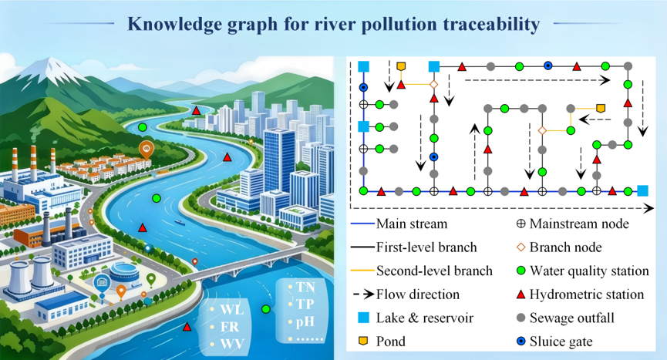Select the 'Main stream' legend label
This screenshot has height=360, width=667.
412,224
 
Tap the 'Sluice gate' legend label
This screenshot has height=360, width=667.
561,341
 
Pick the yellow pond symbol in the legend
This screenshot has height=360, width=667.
363,341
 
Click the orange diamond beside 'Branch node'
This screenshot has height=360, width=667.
520,247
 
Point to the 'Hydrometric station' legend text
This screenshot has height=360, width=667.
587,294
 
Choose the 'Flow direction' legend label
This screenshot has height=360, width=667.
418,294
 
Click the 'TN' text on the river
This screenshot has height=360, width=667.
305,288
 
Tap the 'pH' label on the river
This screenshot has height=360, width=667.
305,321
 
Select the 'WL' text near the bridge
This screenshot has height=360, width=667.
232,310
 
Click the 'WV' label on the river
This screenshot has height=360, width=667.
232,343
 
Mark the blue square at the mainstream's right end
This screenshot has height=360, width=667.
642,191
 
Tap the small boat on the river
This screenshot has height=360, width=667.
179,222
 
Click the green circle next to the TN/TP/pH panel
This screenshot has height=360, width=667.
266,309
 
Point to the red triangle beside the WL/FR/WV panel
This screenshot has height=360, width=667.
187,327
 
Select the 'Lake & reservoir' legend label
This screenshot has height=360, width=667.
425,318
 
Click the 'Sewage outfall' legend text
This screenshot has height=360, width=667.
571,318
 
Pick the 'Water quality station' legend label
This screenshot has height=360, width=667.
589,271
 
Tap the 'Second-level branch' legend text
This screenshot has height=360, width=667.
434,271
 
